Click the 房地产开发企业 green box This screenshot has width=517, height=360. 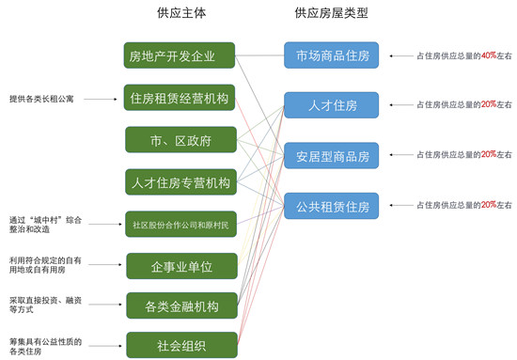179,55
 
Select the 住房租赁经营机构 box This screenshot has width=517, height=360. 179,99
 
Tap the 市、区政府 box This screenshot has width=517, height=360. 179,140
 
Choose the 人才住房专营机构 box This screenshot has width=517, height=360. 179,182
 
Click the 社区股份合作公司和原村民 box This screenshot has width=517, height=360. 179,225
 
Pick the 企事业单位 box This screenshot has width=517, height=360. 179,267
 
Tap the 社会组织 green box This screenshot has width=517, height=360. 179,345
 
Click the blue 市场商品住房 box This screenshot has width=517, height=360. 332,55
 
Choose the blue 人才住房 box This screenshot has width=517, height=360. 332,104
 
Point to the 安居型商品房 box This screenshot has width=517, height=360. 332,155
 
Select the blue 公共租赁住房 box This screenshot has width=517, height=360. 332,205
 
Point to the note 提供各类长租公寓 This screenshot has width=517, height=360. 41,98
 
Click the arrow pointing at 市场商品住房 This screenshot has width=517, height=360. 402,56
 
